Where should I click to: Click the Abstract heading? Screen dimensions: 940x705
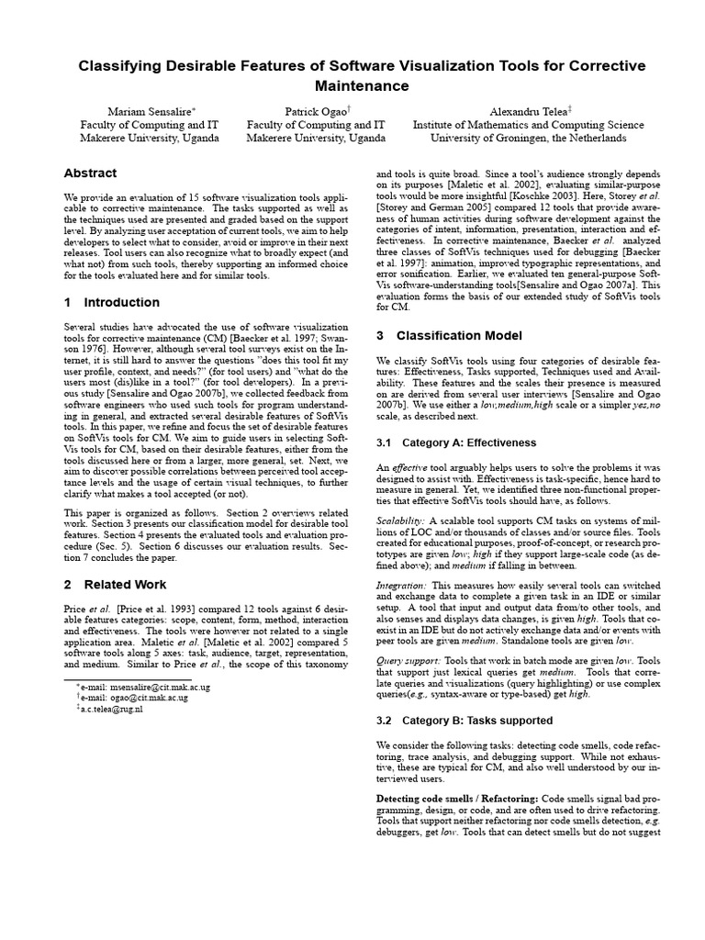point(90,173)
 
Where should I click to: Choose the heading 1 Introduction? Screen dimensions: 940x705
point(111,302)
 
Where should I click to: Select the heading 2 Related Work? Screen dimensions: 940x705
point(115,584)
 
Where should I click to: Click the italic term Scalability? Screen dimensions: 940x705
point(401,520)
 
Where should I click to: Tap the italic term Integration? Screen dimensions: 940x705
point(401,585)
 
